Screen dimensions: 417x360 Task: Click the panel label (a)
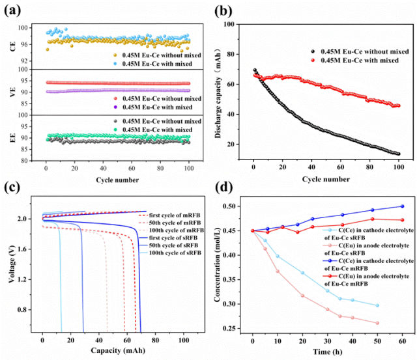pos(12,10)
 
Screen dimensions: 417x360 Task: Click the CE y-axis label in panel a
pos(12,46)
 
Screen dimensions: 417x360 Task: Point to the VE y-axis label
pos(12,92)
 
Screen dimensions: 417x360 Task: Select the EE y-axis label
pos(12,137)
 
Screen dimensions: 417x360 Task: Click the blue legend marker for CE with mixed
pos(115,64)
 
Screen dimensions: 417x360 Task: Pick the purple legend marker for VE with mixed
pos(115,107)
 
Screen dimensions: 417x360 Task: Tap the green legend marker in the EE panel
pos(115,130)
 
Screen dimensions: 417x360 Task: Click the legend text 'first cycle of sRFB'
pos(173,238)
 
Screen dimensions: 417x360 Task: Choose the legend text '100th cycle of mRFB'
pos(177,230)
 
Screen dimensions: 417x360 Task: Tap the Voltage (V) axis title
pos(12,263)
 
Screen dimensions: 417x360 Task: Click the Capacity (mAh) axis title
pos(118,350)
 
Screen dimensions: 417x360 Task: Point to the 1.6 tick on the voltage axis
pos(23,249)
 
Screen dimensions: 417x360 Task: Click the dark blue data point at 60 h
pos(403,206)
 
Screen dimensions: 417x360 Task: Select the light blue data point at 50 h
pos(377,305)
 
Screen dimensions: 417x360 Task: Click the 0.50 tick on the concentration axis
pos(229,206)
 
